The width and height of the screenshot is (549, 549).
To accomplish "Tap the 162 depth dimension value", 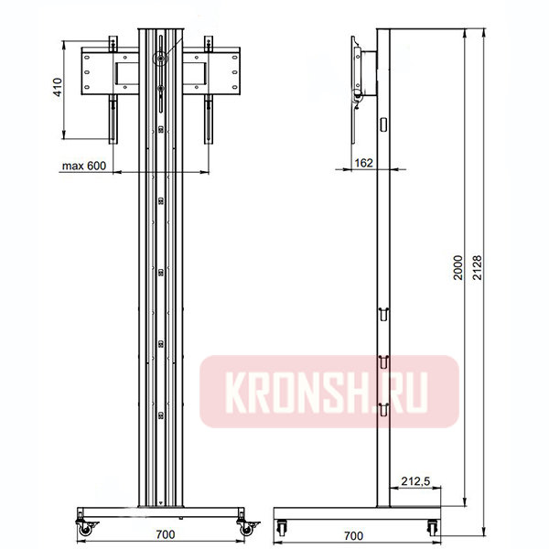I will click(x=362, y=162).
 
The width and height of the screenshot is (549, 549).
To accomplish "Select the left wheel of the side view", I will click(x=281, y=526).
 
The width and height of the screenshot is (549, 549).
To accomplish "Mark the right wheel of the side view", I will click(x=430, y=526).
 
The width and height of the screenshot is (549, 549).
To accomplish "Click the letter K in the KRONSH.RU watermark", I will click(x=221, y=392).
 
